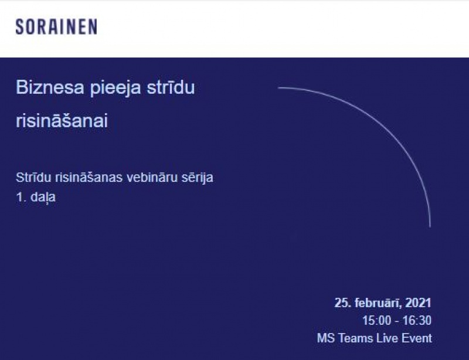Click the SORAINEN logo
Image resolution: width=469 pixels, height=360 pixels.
click(x=56, y=26)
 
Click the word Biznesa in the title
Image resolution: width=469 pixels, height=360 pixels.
click(x=50, y=87)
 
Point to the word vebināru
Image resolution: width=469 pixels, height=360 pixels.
click(x=151, y=177)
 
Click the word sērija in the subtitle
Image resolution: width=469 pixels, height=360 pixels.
click(x=197, y=178)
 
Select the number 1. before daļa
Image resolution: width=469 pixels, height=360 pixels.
click(x=21, y=197)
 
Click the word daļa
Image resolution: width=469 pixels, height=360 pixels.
click(x=43, y=198)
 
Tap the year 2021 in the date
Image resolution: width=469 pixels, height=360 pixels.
click(x=418, y=303)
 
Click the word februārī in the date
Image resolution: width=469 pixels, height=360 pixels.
click(x=378, y=303)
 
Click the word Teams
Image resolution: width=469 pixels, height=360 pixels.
click(x=356, y=338)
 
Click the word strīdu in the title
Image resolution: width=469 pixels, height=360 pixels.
click(x=171, y=87)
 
